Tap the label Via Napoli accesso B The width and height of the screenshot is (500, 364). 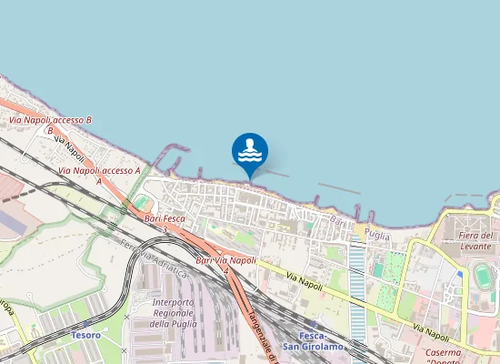tap(51, 120)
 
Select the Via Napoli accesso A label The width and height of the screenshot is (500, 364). tap(99, 170)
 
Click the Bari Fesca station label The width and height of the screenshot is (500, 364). tap(165, 218)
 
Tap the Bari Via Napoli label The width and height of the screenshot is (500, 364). tap(226, 261)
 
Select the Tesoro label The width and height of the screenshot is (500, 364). tap(85, 335)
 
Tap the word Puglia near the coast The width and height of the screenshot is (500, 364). tap(376, 235)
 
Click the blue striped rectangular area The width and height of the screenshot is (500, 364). tap(357, 291)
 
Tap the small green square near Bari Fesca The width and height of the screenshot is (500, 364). tap(140, 200)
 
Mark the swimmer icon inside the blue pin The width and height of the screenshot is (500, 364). tap(250, 144)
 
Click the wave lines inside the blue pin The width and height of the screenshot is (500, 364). tap(250, 157)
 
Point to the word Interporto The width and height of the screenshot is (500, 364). tap(174, 302)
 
